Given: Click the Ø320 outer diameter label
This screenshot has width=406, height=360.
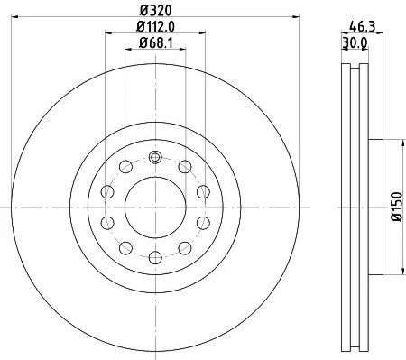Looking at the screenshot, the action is pos(155,11).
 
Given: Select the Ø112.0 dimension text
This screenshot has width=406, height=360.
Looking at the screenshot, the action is pos(155,27).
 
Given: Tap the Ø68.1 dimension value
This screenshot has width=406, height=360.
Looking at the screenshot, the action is pos(155,43).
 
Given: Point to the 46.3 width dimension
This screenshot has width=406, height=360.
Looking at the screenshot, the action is pos(363,27).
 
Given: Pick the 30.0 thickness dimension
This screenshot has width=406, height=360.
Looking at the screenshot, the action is pos(355,43).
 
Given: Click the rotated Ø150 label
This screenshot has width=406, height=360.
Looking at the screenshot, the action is pos(397,207).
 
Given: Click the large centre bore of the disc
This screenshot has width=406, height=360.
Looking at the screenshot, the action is pos(155,208).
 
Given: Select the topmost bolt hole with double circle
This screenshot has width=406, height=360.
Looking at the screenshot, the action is pos(155,157).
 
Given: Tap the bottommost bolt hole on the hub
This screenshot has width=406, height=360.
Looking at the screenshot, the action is pos(155,257).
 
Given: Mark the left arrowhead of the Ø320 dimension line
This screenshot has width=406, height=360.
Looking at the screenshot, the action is pos(14,16).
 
